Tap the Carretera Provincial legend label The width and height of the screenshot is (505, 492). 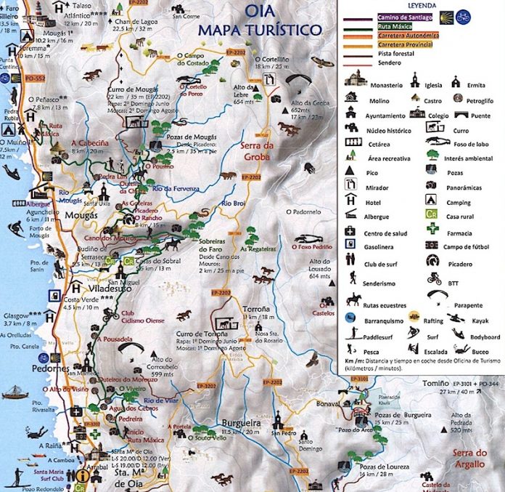tap(408, 44)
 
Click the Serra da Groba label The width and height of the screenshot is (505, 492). tap(255, 150)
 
